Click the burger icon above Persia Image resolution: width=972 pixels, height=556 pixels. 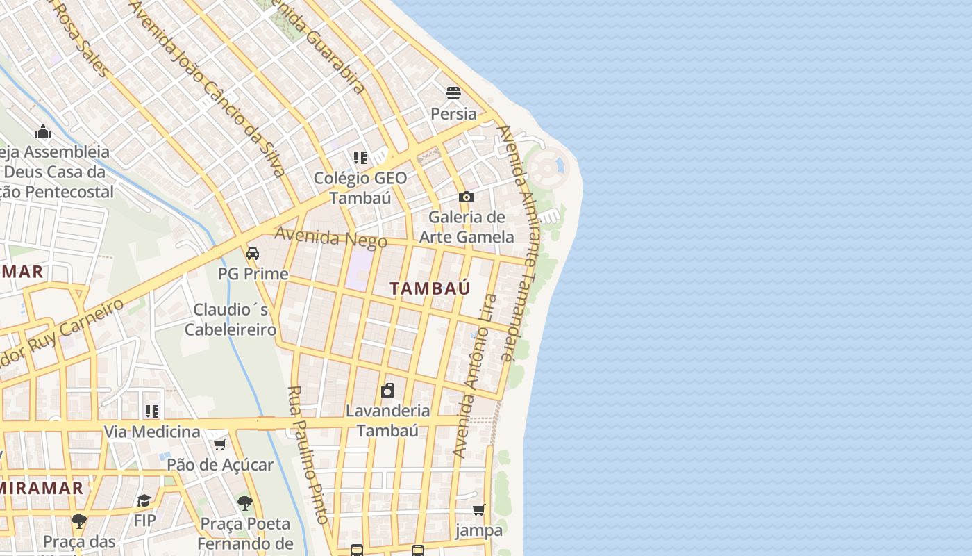click(453, 92)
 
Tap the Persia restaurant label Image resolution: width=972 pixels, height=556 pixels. click(453, 113)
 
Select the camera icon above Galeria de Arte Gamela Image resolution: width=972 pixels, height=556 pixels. click(467, 197)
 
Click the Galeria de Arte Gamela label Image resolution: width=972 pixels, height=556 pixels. click(467, 227)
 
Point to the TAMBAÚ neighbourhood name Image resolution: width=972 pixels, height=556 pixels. click(430, 288)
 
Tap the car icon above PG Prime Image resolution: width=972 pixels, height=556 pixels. click(253, 253)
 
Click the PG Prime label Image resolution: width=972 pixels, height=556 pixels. click(253, 274)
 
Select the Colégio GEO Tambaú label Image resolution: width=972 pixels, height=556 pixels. click(360, 188)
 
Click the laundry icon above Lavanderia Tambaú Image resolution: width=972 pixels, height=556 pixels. click(387, 391)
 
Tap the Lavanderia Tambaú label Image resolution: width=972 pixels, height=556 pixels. click(387, 420)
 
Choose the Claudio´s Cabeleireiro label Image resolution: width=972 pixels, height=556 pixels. click(231, 319)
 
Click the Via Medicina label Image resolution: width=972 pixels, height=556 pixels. click(152, 432)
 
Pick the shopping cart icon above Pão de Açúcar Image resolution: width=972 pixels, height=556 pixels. click(219, 444)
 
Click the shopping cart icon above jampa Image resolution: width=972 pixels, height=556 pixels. click(478, 510)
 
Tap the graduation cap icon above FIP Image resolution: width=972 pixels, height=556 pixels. click(144, 500)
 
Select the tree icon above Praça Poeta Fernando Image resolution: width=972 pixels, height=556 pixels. click(244, 502)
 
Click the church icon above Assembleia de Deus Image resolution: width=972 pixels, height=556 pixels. click(43, 131)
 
